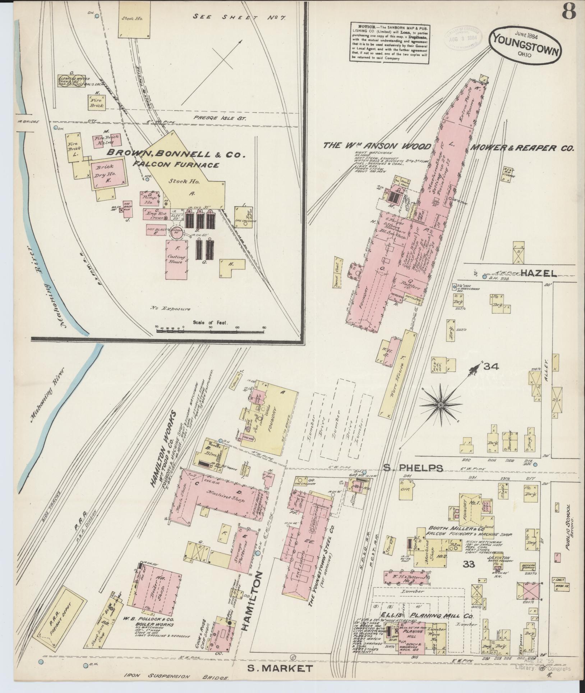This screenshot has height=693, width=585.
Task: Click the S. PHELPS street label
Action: click(413, 468)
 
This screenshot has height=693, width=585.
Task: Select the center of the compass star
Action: click(440, 405)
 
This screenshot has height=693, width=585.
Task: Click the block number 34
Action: click(491, 367)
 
